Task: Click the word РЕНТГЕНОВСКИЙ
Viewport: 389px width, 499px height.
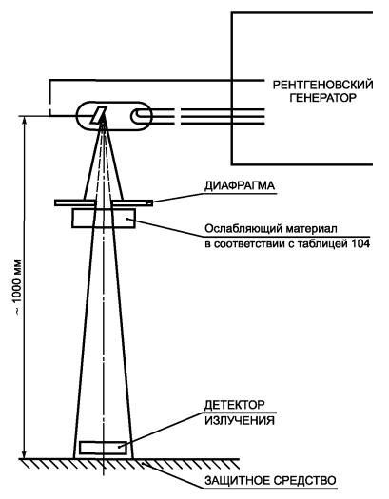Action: click(322, 86)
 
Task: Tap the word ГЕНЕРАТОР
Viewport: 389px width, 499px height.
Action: click(322, 97)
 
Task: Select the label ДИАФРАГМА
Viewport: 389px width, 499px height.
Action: click(240, 186)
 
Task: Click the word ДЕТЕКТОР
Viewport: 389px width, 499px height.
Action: click(234, 405)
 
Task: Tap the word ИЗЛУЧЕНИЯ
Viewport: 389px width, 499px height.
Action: click(240, 420)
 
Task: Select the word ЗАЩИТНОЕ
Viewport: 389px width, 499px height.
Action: click(238, 480)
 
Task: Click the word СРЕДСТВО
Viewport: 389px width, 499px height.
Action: click(305, 480)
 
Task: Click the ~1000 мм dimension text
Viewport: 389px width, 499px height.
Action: click(17, 288)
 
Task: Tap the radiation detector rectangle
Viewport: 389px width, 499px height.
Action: click(103, 448)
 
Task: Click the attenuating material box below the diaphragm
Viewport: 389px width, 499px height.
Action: click(104, 219)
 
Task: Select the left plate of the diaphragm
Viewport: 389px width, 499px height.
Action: click(75, 202)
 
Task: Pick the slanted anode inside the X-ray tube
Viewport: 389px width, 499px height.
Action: click(98, 115)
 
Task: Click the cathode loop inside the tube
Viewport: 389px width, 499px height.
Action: click(141, 116)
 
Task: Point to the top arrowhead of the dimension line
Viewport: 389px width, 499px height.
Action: click(24, 119)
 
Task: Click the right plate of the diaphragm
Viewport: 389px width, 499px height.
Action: click(132, 202)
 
